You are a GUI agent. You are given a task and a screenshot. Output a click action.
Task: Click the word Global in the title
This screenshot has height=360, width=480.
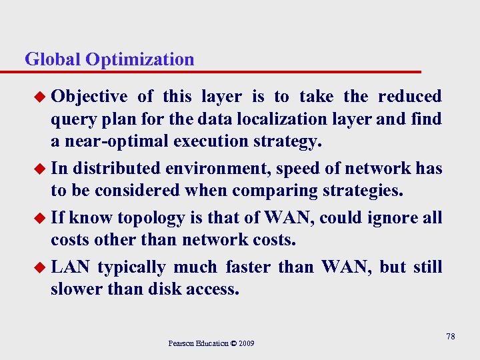click(53, 59)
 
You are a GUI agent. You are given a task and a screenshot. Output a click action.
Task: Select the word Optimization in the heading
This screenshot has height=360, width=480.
click(139, 59)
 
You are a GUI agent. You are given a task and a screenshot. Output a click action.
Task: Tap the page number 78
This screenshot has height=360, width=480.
click(451, 337)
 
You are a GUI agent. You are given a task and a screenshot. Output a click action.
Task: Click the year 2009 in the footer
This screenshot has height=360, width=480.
click(245, 343)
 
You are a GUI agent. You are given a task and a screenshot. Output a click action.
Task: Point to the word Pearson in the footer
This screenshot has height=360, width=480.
click(181, 343)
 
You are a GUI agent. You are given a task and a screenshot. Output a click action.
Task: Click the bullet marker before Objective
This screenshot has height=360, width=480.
click(41, 97)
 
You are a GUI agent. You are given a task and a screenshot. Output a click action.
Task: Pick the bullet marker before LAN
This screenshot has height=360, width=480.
click(41, 268)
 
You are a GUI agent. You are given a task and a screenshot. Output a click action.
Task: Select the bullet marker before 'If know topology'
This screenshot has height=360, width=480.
click(41, 217)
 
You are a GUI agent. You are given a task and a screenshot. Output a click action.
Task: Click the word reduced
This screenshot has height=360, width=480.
click(409, 97)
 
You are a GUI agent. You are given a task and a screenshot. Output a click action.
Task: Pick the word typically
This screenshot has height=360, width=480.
click(131, 267)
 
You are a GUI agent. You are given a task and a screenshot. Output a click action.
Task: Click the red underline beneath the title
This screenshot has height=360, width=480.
click(220, 71)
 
